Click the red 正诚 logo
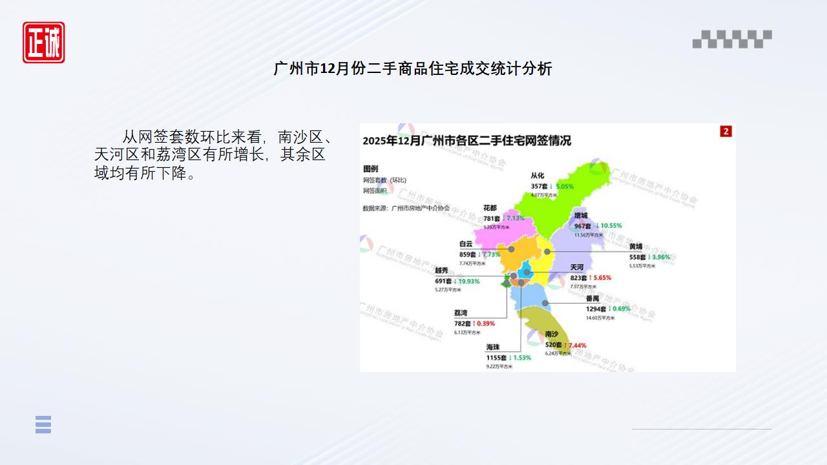coord(44,43)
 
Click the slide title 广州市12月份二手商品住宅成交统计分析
coord(413,68)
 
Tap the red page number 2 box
coord(726,132)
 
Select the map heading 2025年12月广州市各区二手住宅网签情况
coord(466,141)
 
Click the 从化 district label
coord(538,176)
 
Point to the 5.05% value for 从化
coord(565,186)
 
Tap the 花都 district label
coord(490,209)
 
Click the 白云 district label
coord(466,244)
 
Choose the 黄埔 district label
coord(636,247)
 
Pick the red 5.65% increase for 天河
coord(599,278)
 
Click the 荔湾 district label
coord(461,313)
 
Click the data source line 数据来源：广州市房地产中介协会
coord(406,209)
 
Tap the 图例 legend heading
coord(370,168)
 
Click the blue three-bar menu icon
coord(43,424)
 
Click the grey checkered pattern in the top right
coord(732,39)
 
